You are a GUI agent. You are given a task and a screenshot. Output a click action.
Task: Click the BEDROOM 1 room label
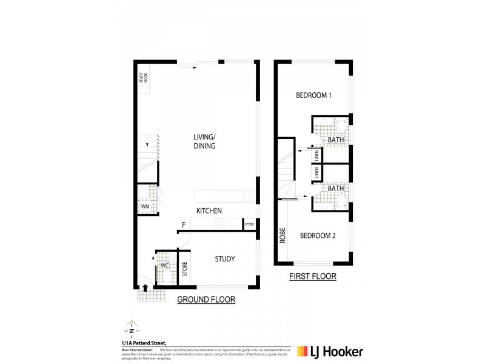pos(313,95)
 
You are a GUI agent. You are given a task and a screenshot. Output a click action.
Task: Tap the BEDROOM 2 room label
pos(318,236)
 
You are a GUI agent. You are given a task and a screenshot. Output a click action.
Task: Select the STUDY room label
pos(225,260)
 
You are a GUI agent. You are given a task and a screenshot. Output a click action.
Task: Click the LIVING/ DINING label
pos(205,141)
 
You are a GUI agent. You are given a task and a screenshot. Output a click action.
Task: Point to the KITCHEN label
pos(209,211)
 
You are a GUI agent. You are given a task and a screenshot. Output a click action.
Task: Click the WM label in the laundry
pos(145,207)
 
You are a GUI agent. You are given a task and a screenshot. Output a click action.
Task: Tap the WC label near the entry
pos(164,266)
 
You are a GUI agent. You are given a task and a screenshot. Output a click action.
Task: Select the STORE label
pos(186,269)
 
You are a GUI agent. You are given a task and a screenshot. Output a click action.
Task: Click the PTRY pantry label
pos(250,225)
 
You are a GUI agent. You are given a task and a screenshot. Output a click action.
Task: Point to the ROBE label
pos(283,235)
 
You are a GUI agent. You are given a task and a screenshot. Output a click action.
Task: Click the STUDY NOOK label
pos(142,81)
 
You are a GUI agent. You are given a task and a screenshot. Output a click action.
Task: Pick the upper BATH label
pos(336,140)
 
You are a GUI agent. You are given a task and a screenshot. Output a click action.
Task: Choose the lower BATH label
pos(336,189)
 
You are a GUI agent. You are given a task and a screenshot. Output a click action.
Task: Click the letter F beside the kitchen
pos(183,226)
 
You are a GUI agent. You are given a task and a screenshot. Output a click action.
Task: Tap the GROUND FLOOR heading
pos(206,300)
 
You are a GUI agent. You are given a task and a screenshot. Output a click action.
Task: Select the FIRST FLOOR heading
pos(313,277)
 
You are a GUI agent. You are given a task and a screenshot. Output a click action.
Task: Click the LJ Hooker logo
pos(330,351)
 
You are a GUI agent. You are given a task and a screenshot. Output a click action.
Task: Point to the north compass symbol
pos(130,331)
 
